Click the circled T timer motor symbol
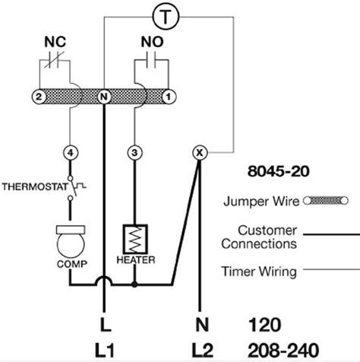(x=166, y=17)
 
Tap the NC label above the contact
(x=55, y=42)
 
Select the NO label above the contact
(x=152, y=42)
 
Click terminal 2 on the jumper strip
(x=39, y=97)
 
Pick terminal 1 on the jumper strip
(x=169, y=97)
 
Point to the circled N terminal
(x=104, y=97)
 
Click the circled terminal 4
(x=71, y=153)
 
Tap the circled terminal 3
(x=134, y=153)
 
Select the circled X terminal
(x=200, y=153)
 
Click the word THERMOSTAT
(x=35, y=187)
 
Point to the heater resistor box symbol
(x=135, y=239)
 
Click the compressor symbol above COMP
(x=71, y=241)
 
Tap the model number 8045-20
(x=279, y=171)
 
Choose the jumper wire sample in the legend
(x=326, y=201)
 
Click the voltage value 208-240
(x=283, y=351)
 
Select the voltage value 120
(x=265, y=325)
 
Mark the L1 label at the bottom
(x=104, y=351)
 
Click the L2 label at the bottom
(x=202, y=351)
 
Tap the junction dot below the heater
(x=134, y=284)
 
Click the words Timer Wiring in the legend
(x=259, y=271)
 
